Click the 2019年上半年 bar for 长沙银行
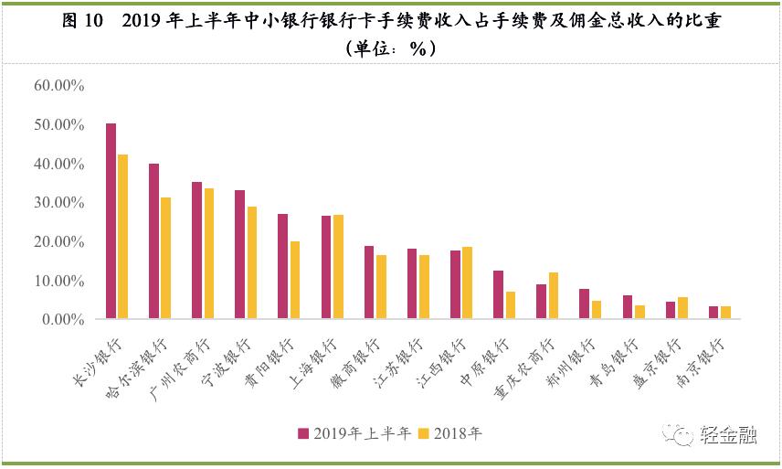(x=111, y=221)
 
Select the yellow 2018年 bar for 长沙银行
(x=122, y=237)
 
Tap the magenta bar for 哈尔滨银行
(x=154, y=241)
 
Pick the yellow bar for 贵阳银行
(x=294, y=280)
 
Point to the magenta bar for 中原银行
(x=498, y=294)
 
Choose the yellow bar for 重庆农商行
(x=552, y=295)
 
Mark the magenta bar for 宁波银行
(x=240, y=254)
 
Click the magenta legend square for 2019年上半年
(x=303, y=434)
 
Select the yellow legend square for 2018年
(x=422, y=434)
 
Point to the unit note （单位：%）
(x=390, y=50)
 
